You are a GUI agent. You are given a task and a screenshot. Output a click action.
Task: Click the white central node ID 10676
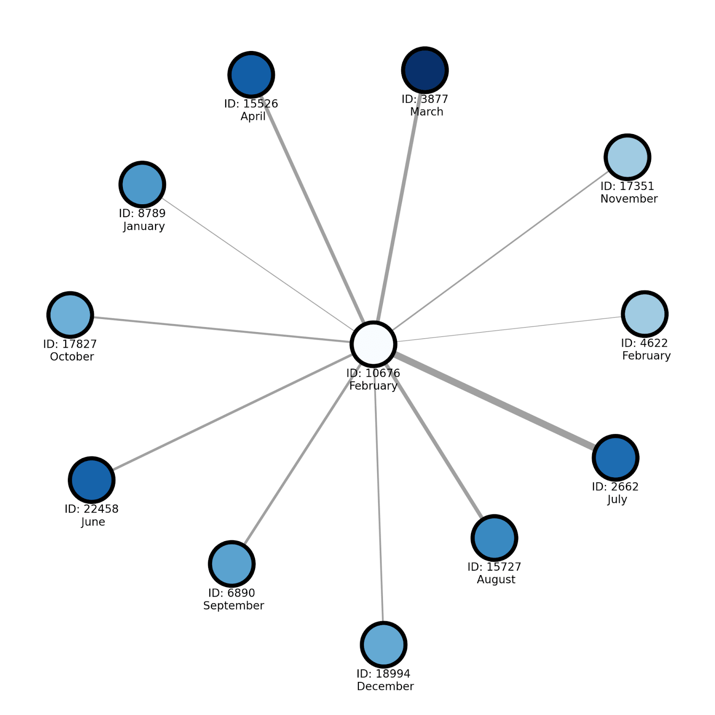(373, 345)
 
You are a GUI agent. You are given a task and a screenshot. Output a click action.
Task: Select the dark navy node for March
(425, 70)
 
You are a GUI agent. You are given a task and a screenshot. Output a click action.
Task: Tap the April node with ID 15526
(251, 75)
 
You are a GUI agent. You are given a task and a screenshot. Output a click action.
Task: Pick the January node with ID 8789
(142, 184)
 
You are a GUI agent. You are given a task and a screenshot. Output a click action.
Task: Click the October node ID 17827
(70, 315)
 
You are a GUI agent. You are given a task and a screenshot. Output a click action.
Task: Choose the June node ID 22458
(92, 480)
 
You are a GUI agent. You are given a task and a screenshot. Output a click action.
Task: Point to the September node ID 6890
(231, 564)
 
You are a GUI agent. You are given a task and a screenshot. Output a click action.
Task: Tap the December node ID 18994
(383, 645)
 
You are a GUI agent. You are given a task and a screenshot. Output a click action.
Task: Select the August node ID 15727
(494, 538)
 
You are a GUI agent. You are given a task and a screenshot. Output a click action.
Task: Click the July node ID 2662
(615, 458)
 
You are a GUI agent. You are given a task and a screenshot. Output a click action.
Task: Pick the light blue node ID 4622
(644, 314)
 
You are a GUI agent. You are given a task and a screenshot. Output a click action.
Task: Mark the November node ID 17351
(627, 157)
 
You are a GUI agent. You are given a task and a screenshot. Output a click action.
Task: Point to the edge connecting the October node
(223, 330)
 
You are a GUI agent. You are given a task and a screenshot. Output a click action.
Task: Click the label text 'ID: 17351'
(627, 186)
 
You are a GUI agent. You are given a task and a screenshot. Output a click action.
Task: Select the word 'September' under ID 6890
(233, 606)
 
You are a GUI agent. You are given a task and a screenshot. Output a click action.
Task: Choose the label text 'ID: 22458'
(92, 509)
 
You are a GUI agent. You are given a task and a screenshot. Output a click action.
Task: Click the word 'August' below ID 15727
(496, 580)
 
